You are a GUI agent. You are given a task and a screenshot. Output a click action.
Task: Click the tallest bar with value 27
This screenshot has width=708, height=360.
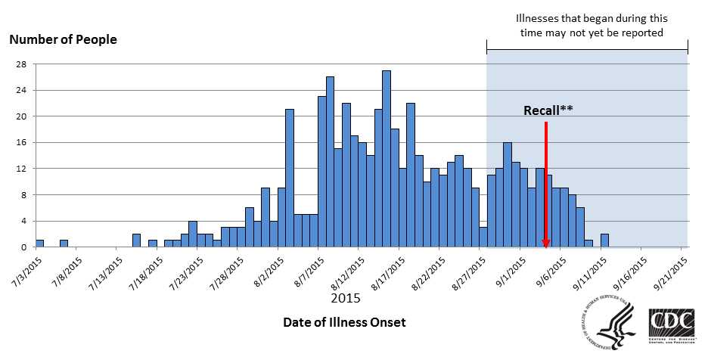click(387, 159)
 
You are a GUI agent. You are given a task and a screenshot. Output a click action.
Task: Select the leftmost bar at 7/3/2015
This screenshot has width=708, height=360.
click(39, 244)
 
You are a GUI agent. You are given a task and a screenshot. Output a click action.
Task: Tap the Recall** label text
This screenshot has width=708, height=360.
click(548, 110)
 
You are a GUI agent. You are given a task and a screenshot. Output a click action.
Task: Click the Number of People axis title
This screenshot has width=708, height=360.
click(63, 39)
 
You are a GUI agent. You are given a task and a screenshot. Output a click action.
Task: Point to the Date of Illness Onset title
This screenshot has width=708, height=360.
click(344, 322)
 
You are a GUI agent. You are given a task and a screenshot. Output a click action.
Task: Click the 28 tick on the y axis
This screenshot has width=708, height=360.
click(20, 64)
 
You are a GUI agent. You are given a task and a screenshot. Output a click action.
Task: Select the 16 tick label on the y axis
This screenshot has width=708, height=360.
click(20, 142)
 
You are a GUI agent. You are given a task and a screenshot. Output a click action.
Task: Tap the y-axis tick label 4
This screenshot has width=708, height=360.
click(23, 221)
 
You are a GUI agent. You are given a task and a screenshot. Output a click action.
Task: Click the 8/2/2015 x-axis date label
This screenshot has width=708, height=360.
click(268, 271)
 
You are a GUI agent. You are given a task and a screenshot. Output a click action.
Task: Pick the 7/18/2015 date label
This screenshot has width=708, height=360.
click(147, 271)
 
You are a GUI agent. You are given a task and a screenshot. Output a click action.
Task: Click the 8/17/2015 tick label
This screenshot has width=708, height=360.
click(389, 271)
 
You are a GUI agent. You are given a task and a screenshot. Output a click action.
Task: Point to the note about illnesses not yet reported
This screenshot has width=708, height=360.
click(586, 26)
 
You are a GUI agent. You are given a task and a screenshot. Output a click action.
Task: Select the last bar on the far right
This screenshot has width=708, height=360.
click(604, 241)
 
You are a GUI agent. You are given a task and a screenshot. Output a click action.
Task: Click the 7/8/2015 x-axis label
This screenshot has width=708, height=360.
click(67, 269)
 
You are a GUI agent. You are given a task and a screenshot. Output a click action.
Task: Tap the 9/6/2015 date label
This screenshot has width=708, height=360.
click(551, 271)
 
